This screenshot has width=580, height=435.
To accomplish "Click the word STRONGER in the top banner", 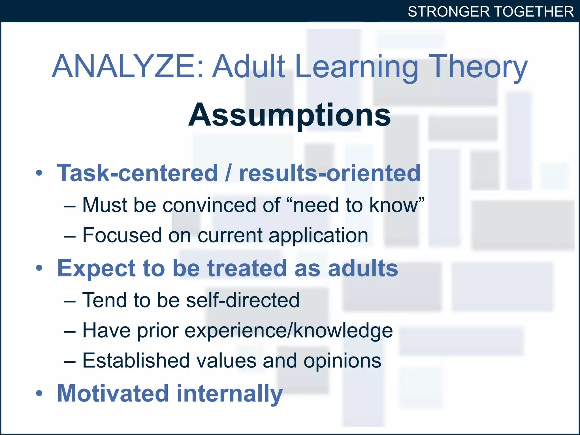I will click(449, 12).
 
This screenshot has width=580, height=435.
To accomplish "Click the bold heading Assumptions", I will click(289, 115).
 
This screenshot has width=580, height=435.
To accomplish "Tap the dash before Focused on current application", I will click(69, 236).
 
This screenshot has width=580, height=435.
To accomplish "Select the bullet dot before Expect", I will click(39, 268).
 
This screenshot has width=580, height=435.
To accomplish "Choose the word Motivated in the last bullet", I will click(113, 393).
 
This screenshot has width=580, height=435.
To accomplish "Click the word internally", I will click(230, 393).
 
